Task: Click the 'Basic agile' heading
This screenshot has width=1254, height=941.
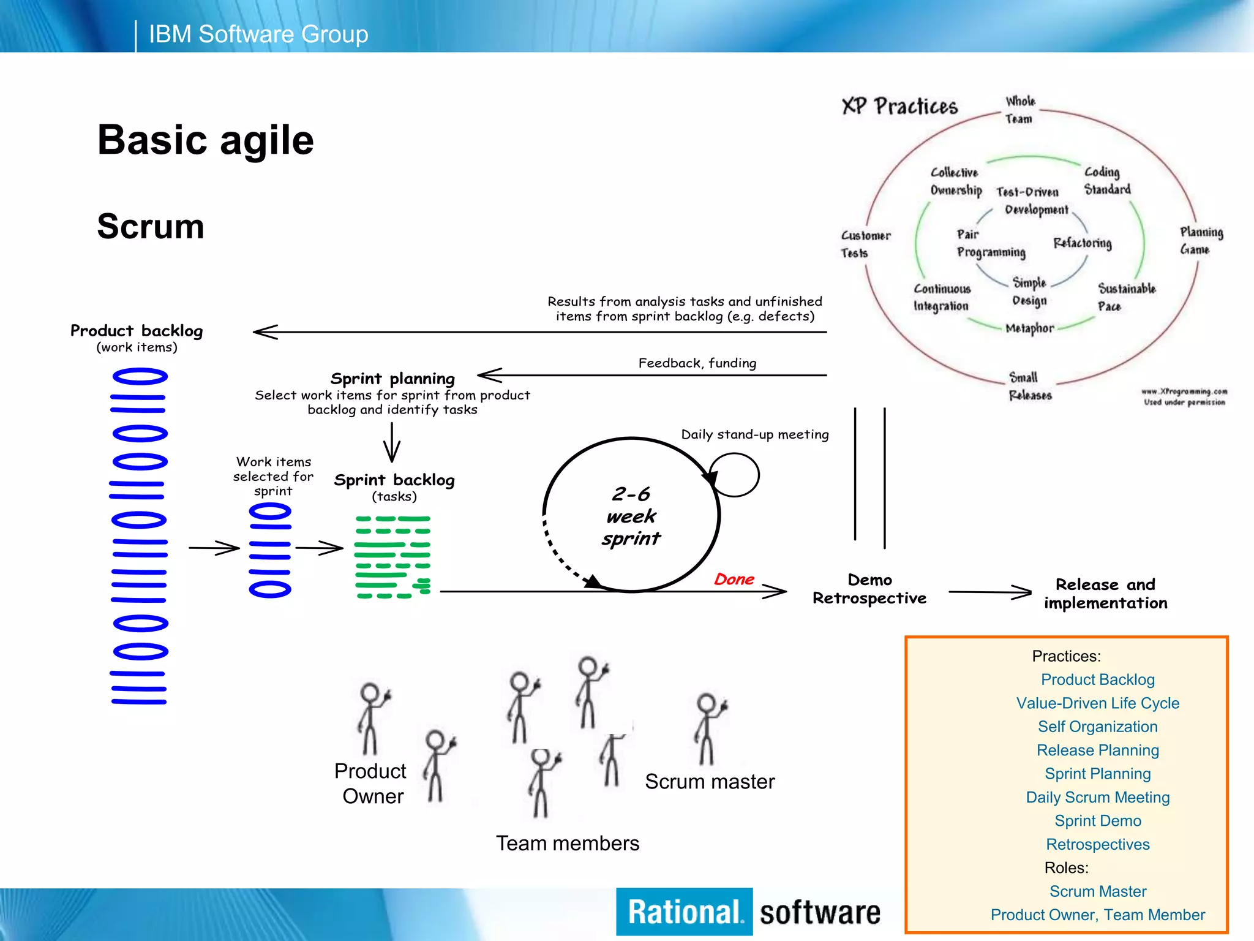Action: (x=205, y=140)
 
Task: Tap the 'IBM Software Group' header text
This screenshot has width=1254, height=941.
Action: (x=258, y=34)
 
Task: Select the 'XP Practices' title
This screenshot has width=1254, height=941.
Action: (x=899, y=107)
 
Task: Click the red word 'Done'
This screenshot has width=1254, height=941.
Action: (x=734, y=579)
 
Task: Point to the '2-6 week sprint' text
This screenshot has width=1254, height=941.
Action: (x=631, y=516)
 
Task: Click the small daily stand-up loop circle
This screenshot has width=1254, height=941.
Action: (x=734, y=475)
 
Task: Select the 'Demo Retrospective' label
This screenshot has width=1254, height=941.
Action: (x=869, y=589)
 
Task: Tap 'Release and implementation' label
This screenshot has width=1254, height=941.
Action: (x=1105, y=593)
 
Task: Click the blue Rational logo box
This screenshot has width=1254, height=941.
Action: (x=684, y=912)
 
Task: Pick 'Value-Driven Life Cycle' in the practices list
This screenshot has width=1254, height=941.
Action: (x=1097, y=703)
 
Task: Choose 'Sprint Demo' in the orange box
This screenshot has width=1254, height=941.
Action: (x=1097, y=821)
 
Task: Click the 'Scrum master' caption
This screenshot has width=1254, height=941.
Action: (x=709, y=782)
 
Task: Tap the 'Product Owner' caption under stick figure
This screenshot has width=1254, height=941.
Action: (x=371, y=784)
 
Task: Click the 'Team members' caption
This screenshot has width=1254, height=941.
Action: (x=567, y=844)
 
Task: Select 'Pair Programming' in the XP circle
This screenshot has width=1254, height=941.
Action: (x=990, y=243)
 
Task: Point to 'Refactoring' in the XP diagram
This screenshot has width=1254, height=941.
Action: (x=1082, y=243)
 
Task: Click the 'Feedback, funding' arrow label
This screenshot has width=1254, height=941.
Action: (x=697, y=363)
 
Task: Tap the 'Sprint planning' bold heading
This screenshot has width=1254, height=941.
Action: (x=392, y=379)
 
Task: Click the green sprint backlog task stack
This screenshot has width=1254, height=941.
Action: (x=392, y=556)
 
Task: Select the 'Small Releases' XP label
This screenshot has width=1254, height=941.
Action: (x=1030, y=386)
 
